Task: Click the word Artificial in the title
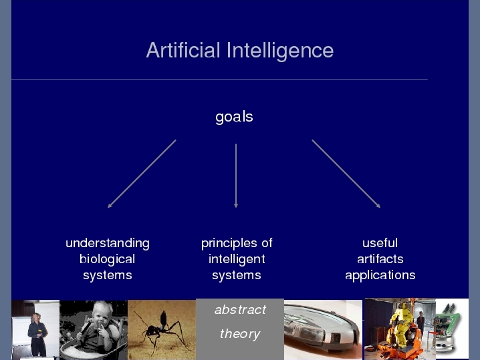[x=183, y=50]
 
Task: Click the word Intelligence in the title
[x=280, y=51]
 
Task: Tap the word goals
[x=234, y=117]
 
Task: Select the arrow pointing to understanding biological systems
[x=142, y=174]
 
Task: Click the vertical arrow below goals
[x=236, y=176]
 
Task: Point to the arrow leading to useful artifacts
[x=346, y=174]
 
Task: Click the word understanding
[x=108, y=244]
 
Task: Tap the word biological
[x=107, y=260]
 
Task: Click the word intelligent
[x=237, y=260]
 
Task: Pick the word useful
[x=380, y=243]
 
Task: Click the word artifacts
[x=380, y=259]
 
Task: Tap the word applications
[x=380, y=276]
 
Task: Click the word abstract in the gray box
[x=240, y=310]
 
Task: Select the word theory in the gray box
[x=240, y=334]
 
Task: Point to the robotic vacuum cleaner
[x=322, y=329]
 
